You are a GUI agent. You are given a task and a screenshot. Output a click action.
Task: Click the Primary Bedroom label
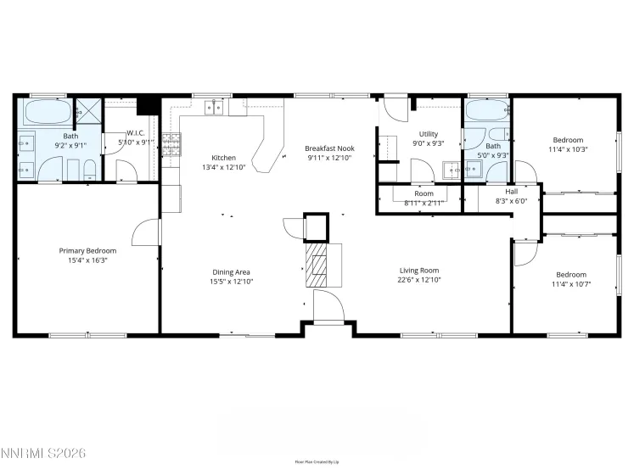tap(87, 251)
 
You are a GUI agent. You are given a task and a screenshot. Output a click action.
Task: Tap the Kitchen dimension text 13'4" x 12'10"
tap(223, 168)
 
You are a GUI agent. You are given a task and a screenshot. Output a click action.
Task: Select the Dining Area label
tap(231, 271)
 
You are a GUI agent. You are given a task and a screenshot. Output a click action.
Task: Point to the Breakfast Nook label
tap(329, 148)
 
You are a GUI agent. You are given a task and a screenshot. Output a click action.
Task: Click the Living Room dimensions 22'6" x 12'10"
tap(419, 282)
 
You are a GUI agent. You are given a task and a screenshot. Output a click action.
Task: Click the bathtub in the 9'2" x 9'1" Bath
tap(47, 111)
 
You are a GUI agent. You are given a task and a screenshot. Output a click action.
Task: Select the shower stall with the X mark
tap(87, 110)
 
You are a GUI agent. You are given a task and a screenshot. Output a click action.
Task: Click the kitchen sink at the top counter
tap(214, 107)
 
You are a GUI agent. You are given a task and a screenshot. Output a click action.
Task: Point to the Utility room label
tap(428, 134)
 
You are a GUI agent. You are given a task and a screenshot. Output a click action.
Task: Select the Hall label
tap(511, 191)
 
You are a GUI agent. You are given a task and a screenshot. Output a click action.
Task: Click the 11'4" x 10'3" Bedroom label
tap(568, 140)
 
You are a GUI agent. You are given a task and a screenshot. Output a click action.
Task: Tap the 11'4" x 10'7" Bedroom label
tap(570, 274)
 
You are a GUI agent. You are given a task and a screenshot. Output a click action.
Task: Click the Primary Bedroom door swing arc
tap(146, 231)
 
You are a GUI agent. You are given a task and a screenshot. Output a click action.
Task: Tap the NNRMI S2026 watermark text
tap(44, 455)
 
